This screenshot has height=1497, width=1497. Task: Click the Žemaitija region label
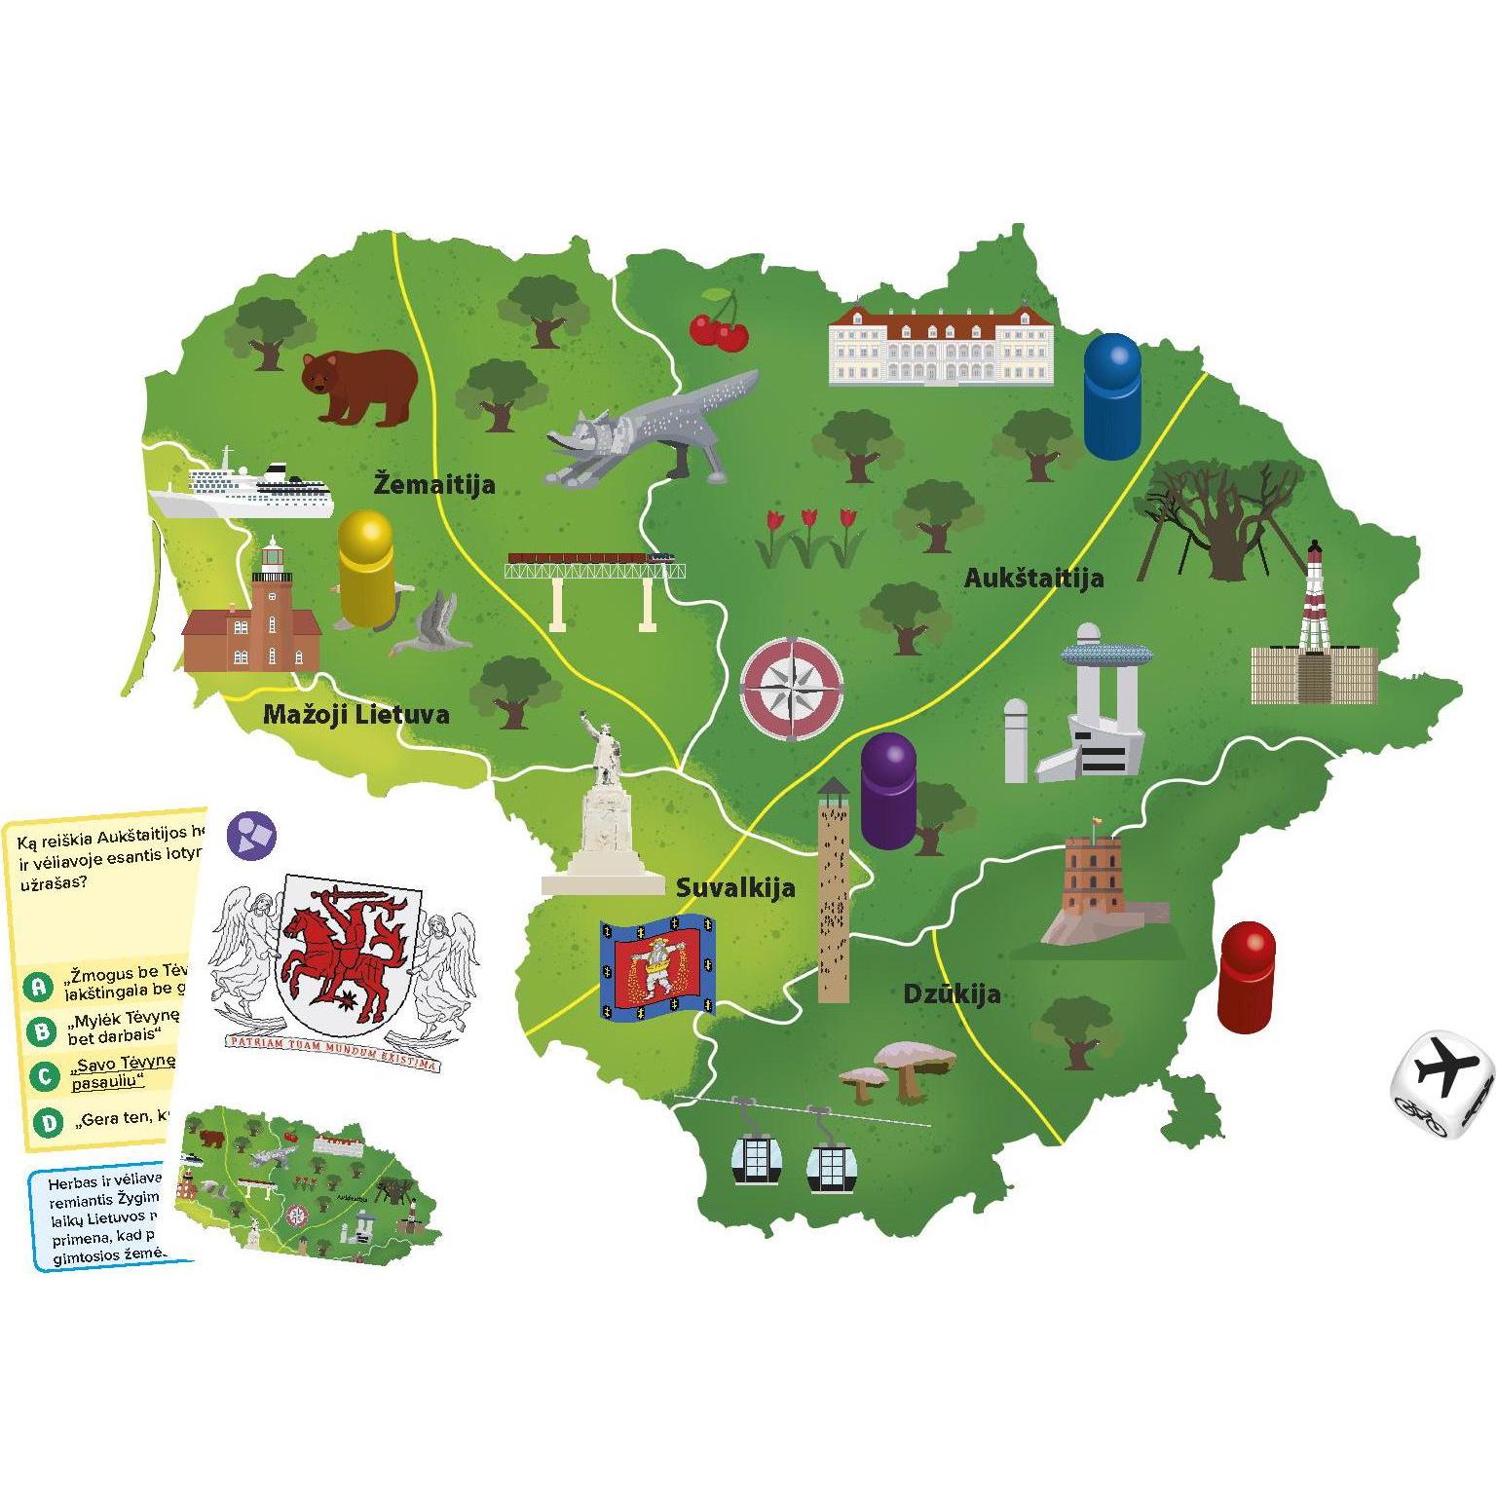click(x=434, y=484)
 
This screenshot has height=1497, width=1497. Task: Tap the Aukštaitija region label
click(x=1033, y=578)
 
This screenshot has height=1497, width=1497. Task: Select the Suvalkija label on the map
click(x=735, y=887)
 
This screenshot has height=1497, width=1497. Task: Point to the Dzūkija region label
click(x=952, y=994)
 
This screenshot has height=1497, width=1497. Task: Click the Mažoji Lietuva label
click(x=356, y=715)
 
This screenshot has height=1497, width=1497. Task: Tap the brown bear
click(x=357, y=387)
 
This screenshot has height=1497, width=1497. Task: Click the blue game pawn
click(x=1111, y=396)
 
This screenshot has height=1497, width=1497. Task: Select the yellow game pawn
click(x=366, y=570)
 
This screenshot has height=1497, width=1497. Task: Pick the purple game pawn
click(x=888, y=791)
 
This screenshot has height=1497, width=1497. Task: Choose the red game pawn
click(x=1246, y=977)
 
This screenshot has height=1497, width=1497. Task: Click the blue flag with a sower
click(x=658, y=967)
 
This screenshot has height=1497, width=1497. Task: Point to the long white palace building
click(x=940, y=346)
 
